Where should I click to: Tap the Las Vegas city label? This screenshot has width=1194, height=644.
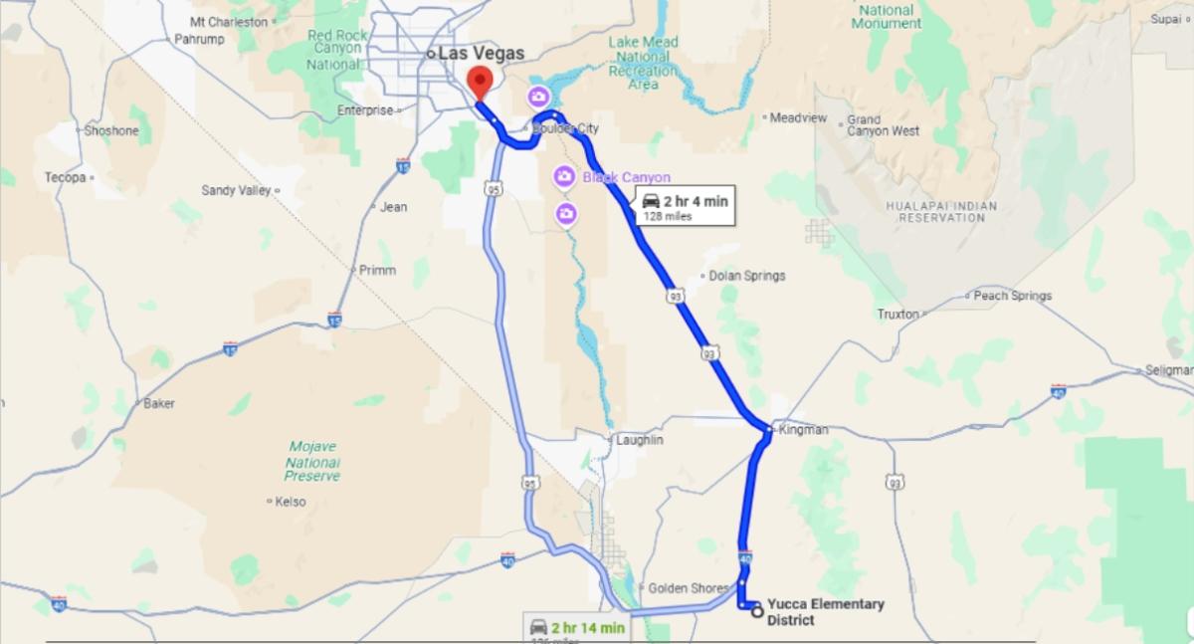(x=481, y=54)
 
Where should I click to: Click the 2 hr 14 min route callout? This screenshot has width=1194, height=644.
(x=578, y=629)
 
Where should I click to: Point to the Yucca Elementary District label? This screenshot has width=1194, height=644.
(x=825, y=612)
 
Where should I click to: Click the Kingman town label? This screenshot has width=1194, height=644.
(x=803, y=430)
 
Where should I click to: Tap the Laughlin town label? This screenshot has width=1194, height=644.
(x=639, y=439)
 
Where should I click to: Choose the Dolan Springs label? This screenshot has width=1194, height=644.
(x=747, y=276)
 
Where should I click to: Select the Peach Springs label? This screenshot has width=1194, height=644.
(x=1012, y=296)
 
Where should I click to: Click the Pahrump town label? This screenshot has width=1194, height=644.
(x=199, y=39)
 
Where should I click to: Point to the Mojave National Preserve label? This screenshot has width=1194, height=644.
(x=312, y=461)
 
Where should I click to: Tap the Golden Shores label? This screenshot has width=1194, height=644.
(x=688, y=588)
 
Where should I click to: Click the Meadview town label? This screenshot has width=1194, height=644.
(x=798, y=117)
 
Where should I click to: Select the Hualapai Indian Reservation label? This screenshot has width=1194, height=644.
(x=940, y=211)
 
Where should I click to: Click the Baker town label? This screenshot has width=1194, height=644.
(x=159, y=403)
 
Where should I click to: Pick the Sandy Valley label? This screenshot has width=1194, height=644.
(x=236, y=190)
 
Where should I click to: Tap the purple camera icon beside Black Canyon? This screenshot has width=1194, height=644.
(x=563, y=177)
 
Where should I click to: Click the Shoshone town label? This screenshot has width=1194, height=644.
(x=111, y=130)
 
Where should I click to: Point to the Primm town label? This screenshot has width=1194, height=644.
(x=377, y=270)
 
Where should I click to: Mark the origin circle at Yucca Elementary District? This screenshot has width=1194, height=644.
(x=758, y=611)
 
